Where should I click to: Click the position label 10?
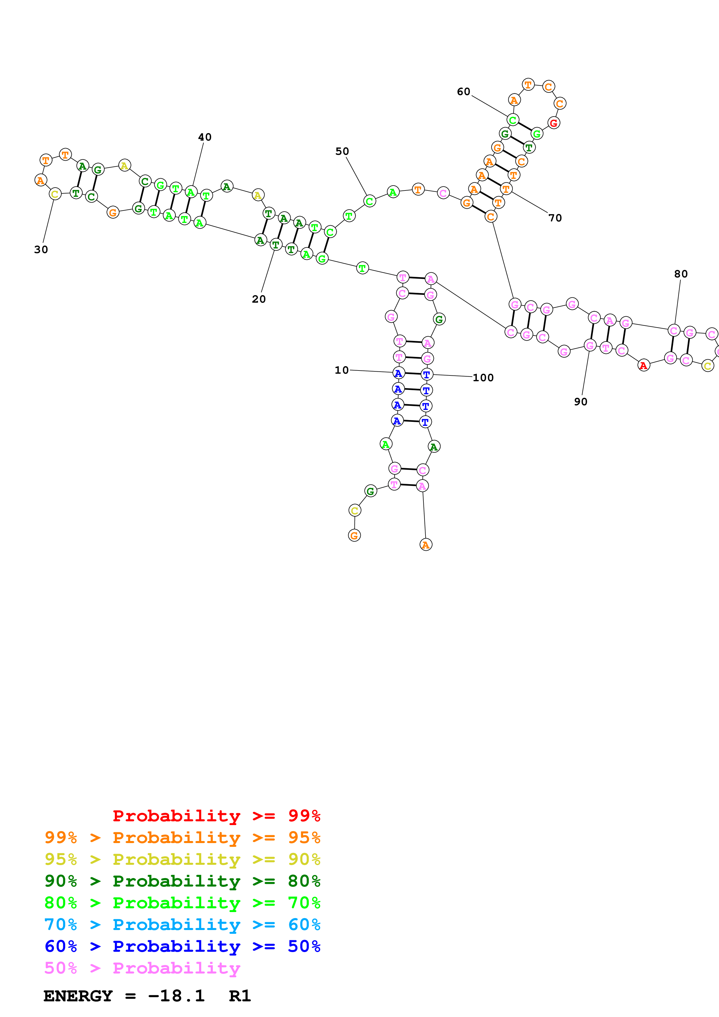(342, 370)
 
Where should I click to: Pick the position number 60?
(463, 91)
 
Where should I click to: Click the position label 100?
(483, 377)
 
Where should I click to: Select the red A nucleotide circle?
(644, 365)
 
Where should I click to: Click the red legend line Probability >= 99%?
(216, 816)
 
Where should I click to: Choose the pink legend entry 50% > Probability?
(142, 968)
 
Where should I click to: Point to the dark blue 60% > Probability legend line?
(182, 947)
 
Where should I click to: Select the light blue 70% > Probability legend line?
(182, 925)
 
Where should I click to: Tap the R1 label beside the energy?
(240, 996)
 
